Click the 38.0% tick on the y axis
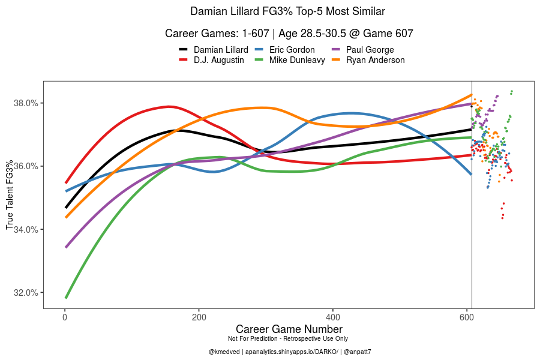pyautogui.click(x=26, y=103)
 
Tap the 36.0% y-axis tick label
pyautogui.click(x=26, y=166)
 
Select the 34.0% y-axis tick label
pyautogui.click(x=26, y=229)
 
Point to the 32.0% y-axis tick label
pyautogui.click(x=26, y=293)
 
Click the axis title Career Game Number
pyautogui.click(x=289, y=329)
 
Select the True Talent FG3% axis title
pyautogui.click(x=10, y=194)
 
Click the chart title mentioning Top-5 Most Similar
pyautogui.click(x=288, y=11)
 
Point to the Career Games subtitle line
pyautogui.click(x=288, y=34)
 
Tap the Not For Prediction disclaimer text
pyautogui.click(x=289, y=339)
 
